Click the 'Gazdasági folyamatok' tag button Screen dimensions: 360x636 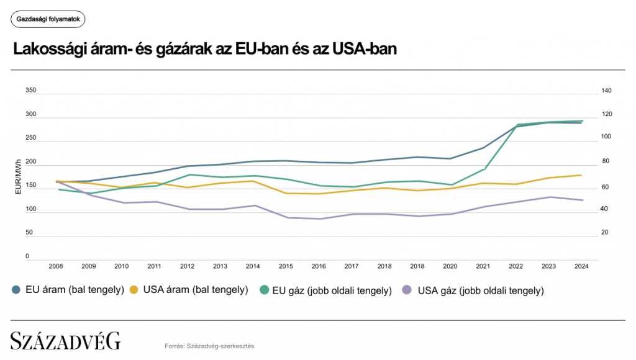(x=48, y=19)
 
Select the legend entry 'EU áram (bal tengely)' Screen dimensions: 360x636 (x=68, y=290)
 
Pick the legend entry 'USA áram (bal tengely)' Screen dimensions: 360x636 (x=189, y=290)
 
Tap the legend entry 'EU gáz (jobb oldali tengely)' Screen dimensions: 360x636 (x=326, y=290)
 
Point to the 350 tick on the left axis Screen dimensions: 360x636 (x=30, y=91)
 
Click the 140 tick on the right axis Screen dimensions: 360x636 (x=607, y=91)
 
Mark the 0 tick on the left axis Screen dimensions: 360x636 (x=27, y=256)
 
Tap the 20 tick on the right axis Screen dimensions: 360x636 (x=606, y=233)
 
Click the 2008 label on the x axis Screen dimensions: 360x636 (x=56, y=266)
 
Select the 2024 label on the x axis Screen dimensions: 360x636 (x=581, y=266)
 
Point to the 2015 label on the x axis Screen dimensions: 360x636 (x=286, y=266)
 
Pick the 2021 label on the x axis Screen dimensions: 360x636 (x=483, y=266)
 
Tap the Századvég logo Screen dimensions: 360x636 (x=65, y=341)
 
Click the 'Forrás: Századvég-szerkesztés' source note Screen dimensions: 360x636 (x=209, y=346)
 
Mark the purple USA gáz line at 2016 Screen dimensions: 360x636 (x=319, y=218)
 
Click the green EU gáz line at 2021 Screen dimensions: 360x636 (x=483, y=169)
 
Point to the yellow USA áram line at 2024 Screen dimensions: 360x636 (x=581, y=175)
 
